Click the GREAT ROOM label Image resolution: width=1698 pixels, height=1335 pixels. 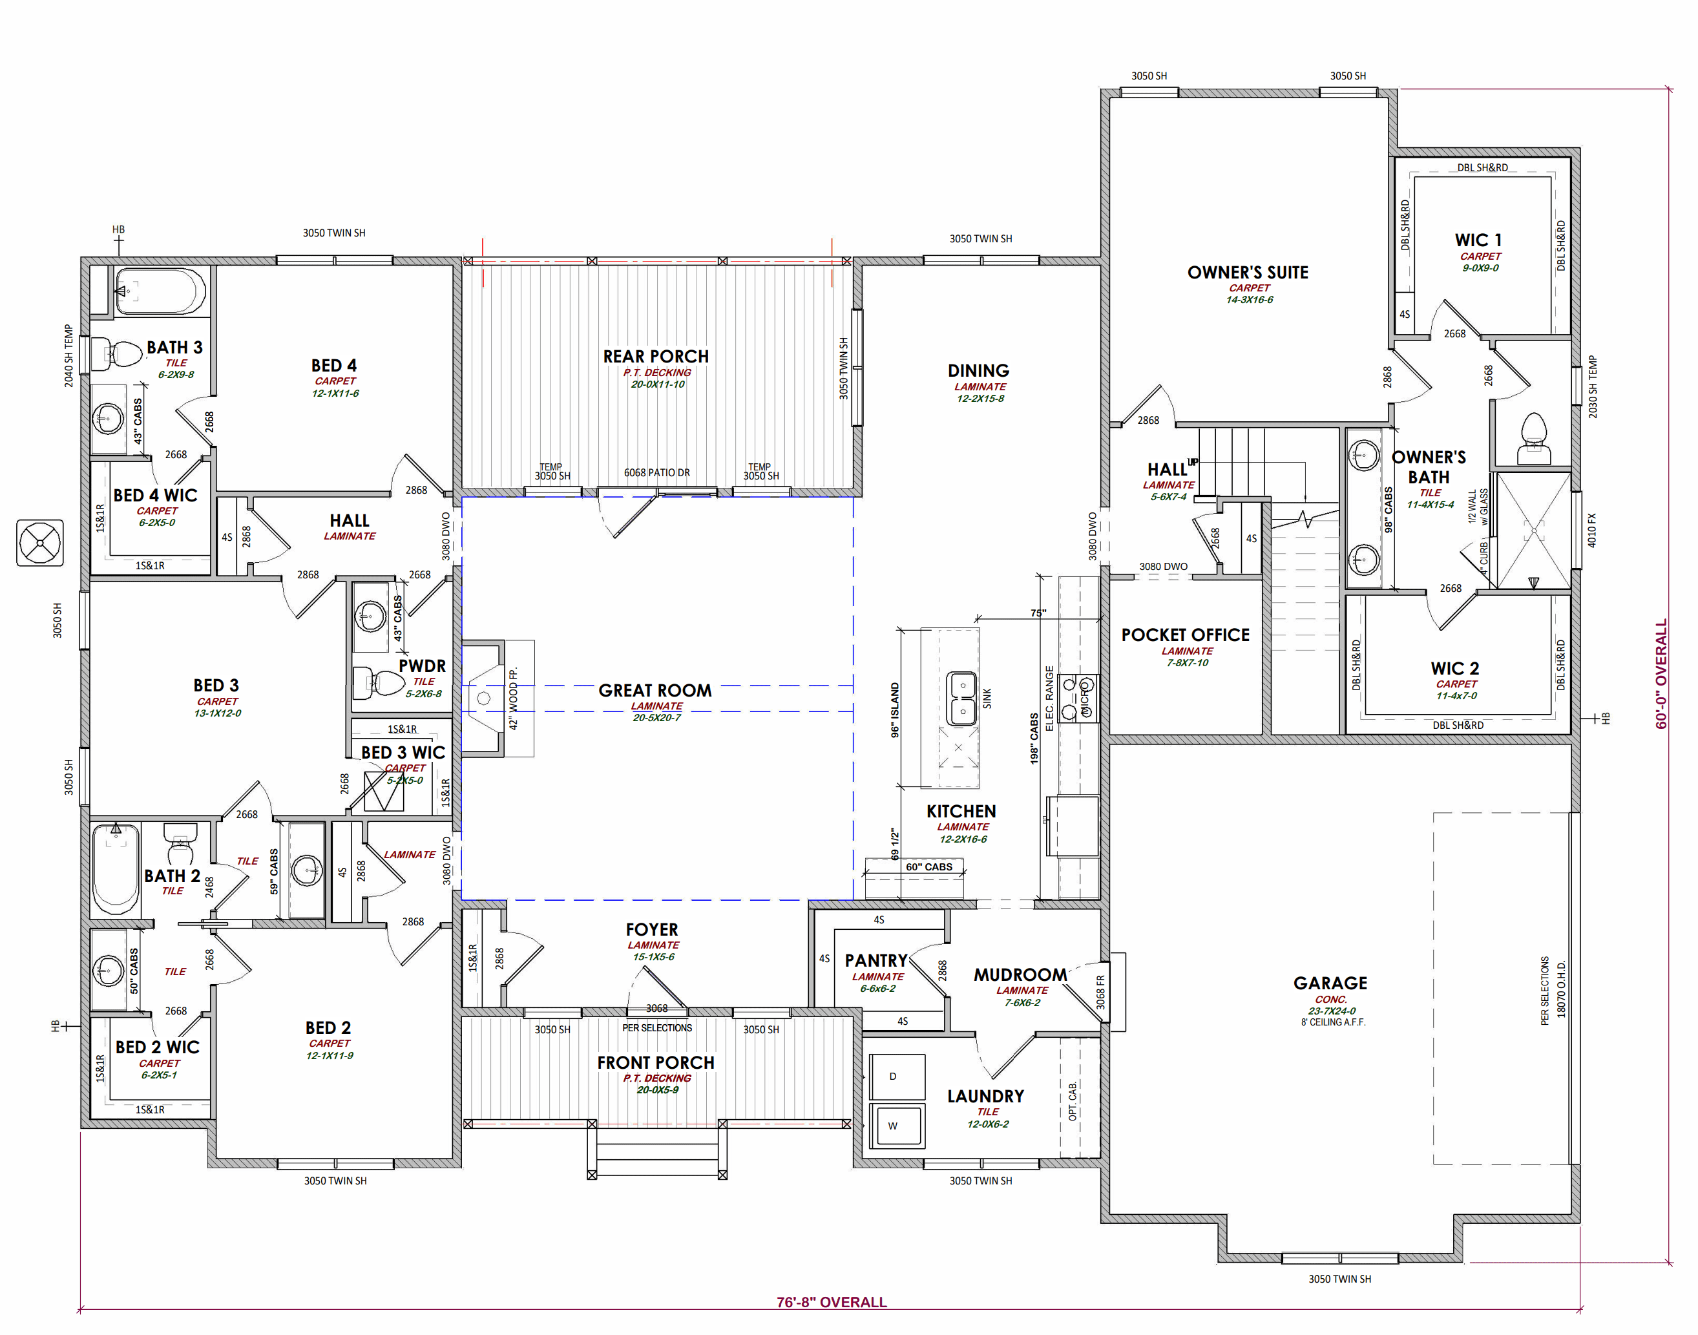pyautogui.click(x=655, y=690)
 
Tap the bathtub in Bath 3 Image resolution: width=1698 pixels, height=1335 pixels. pyautogui.click(x=160, y=291)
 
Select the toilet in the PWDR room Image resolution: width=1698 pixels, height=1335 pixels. pyautogui.click(x=377, y=682)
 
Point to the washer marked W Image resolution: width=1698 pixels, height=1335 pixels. pyautogui.click(x=897, y=1126)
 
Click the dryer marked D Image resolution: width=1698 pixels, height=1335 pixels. pyautogui.click(x=897, y=1077)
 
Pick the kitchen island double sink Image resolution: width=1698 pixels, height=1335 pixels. pyautogui.click(x=961, y=698)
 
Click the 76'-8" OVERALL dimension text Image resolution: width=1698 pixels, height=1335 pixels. pyautogui.click(x=832, y=1302)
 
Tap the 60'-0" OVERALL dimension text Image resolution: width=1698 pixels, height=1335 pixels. pyautogui.click(x=1661, y=674)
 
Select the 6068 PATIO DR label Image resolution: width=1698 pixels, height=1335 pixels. pyautogui.click(x=656, y=472)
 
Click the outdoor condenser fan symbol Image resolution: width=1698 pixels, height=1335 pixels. pyautogui.click(x=40, y=542)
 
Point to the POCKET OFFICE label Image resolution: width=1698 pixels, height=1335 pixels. pyautogui.click(x=1186, y=635)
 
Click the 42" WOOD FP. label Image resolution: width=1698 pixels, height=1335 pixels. pyautogui.click(x=514, y=699)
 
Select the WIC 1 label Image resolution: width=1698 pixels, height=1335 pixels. pyautogui.click(x=1478, y=240)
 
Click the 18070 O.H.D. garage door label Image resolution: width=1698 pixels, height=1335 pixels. pyautogui.click(x=1561, y=989)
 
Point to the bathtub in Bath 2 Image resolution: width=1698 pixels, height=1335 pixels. pyautogui.click(x=116, y=868)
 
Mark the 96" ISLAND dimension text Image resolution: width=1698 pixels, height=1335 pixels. pyautogui.click(x=895, y=710)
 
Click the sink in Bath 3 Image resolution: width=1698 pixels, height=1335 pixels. pyautogui.click(x=108, y=419)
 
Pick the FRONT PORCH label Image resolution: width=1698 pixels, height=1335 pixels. pyautogui.click(x=656, y=1062)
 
